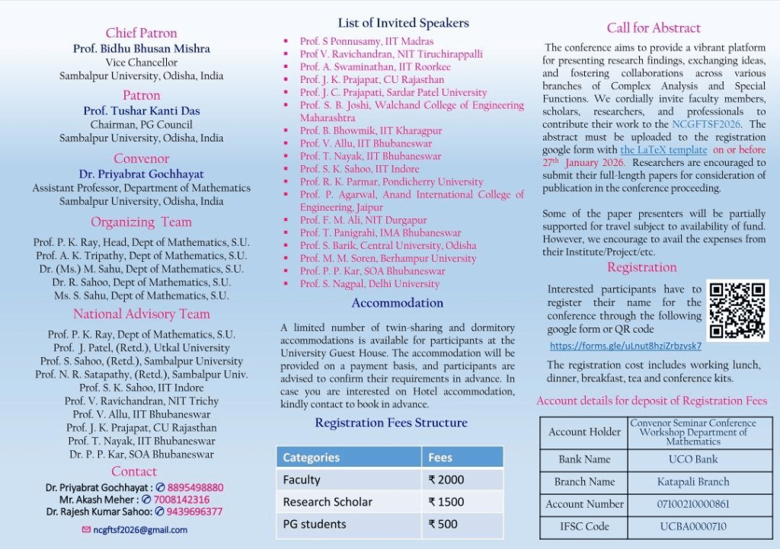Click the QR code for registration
tap(737, 310)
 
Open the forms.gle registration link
tap(625, 346)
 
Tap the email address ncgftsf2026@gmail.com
tap(140, 530)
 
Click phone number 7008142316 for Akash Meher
tap(181, 500)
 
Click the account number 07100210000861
tap(692, 504)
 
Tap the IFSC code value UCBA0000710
tap(692, 526)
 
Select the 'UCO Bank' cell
tap(692, 459)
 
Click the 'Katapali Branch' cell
tap(692, 481)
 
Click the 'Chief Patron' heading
tap(141, 33)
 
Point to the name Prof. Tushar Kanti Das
tap(142, 110)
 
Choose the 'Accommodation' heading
tap(397, 303)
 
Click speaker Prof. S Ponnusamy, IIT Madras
tap(366, 41)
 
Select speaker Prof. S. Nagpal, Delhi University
tap(369, 284)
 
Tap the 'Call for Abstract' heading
tap(654, 28)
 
